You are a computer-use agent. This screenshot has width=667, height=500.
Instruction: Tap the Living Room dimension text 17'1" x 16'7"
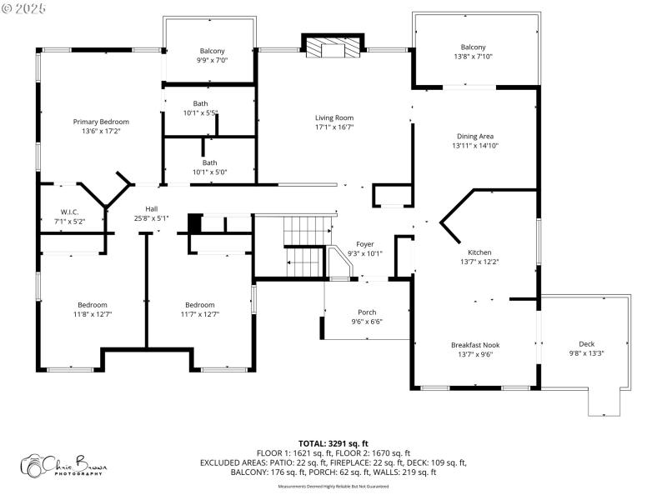(333, 127)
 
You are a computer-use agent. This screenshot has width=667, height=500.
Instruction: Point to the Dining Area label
(475, 136)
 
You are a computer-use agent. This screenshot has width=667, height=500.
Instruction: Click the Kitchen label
(479, 252)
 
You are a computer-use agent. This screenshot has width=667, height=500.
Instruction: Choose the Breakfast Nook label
(475, 344)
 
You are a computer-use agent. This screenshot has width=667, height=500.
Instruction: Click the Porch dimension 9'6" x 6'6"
(367, 322)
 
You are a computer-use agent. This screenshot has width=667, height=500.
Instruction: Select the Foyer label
(364, 244)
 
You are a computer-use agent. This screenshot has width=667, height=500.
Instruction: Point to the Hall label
(152, 208)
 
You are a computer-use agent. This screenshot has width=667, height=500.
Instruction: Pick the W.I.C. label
(69, 212)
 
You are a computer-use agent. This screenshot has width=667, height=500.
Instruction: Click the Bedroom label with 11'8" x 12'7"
(93, 304)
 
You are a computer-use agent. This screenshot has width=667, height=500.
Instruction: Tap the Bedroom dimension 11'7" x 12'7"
(199, 314)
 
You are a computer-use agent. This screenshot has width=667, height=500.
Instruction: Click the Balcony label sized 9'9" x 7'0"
(212, 51)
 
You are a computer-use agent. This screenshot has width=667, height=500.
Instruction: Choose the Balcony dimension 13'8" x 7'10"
(473, 57)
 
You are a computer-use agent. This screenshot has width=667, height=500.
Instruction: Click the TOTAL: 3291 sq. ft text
(333, 443)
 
